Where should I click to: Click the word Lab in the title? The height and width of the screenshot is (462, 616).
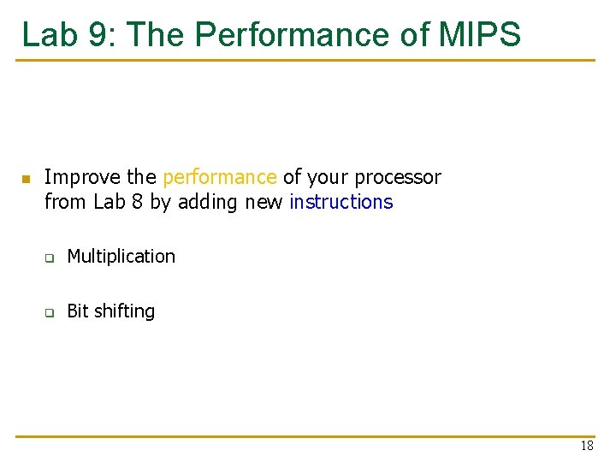50,34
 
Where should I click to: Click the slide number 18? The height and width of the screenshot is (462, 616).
586,446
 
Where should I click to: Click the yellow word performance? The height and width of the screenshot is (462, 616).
220,178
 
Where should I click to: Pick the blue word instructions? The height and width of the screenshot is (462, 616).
341,203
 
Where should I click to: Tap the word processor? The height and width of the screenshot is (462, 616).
398,178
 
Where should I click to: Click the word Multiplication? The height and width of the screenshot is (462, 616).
121,257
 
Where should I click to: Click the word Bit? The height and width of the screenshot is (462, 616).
78,311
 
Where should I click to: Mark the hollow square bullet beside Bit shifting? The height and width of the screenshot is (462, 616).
50,313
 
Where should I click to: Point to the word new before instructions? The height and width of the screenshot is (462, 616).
264,203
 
